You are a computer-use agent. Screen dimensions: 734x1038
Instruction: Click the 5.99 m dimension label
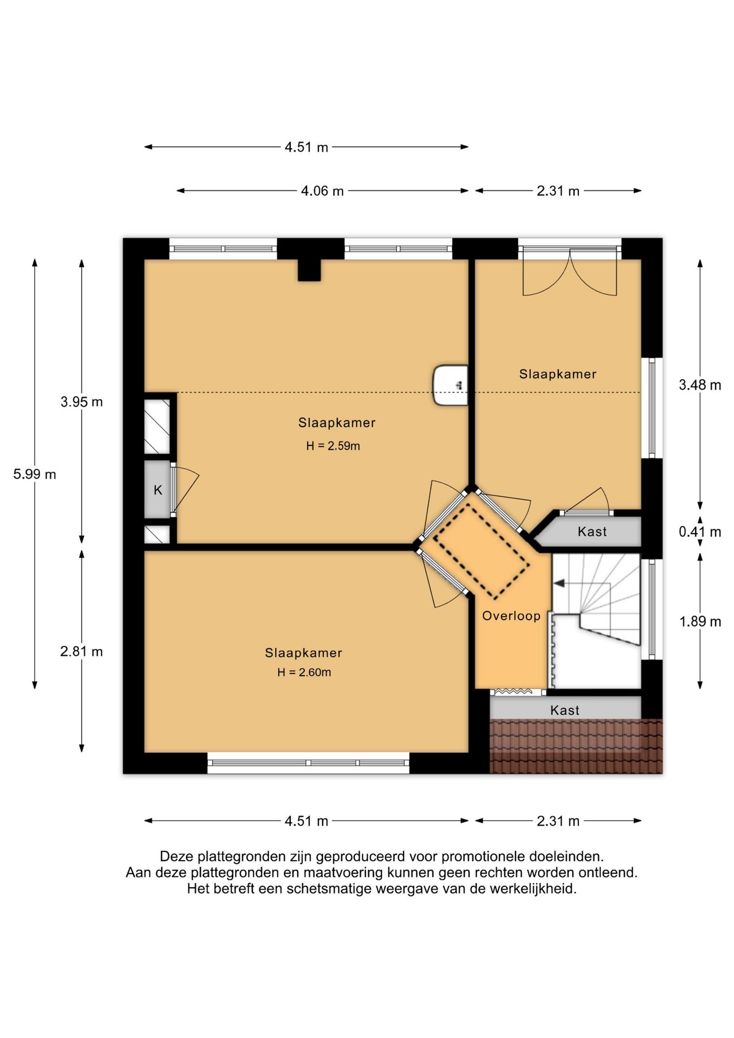point(35,474)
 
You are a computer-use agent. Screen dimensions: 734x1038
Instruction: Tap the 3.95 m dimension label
point(82,402)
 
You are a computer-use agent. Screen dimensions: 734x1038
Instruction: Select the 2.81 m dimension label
point(82,651)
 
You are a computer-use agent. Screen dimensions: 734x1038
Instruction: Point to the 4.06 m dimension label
point(322,191)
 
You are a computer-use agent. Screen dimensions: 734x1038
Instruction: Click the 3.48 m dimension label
point(700,385)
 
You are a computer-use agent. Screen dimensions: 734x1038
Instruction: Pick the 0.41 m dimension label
point(700,532)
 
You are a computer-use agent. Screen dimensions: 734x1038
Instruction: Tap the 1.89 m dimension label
point(700,622)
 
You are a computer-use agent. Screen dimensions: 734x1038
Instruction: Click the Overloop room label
point(511,616)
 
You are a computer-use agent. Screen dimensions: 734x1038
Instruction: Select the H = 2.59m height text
point(333,446)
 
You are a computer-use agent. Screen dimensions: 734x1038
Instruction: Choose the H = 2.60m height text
point(304,673)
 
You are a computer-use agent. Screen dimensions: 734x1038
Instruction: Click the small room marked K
point(157,489)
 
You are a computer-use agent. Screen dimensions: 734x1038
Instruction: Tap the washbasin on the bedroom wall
point(450,385)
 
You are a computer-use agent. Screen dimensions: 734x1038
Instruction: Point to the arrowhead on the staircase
point(559,583)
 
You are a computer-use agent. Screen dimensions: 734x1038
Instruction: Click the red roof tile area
point(576,746)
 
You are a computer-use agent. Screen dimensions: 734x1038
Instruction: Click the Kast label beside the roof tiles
point(565,710)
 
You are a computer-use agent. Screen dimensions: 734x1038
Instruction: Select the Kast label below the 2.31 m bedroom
point(592,532)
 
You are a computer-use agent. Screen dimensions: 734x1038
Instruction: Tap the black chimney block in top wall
point(309,270)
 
